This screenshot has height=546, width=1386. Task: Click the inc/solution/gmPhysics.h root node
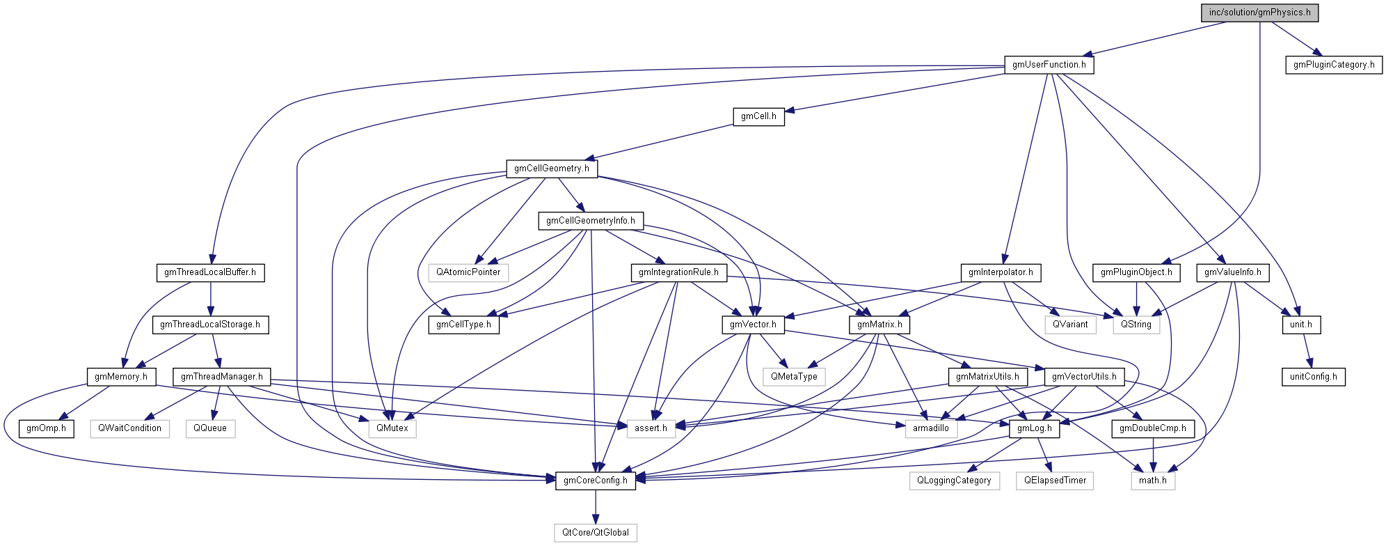click(1259, 13)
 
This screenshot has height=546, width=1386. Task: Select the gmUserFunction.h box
click(1049, 65)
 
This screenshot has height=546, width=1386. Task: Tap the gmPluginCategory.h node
click(1333, 65)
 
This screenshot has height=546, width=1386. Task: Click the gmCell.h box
click(758, 116)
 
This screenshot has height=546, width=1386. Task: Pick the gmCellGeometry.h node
click(551, 169)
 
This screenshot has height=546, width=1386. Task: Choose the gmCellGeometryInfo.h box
click(590, 221)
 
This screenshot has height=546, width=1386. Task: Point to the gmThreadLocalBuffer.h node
click(210, 272)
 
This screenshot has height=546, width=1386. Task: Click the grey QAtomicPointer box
click(468, 272)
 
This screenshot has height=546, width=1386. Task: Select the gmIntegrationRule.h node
click(678, 272)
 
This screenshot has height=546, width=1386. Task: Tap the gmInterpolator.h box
click(1000, 272)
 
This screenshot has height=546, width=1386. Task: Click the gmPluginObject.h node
click(1136, 272)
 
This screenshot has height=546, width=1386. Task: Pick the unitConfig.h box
click(1313, 377)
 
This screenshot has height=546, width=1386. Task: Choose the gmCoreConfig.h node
click(595, 481)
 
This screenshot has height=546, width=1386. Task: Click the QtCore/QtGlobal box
click(595, 533)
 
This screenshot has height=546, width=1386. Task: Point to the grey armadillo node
click(930, 428)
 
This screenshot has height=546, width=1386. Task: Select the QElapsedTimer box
click(1054, 481)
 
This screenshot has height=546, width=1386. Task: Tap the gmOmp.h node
click(46, 428)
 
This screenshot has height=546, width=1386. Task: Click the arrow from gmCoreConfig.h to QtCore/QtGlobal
click(595, 506)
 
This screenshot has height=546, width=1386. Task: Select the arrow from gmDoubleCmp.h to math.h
click(1153, 454)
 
